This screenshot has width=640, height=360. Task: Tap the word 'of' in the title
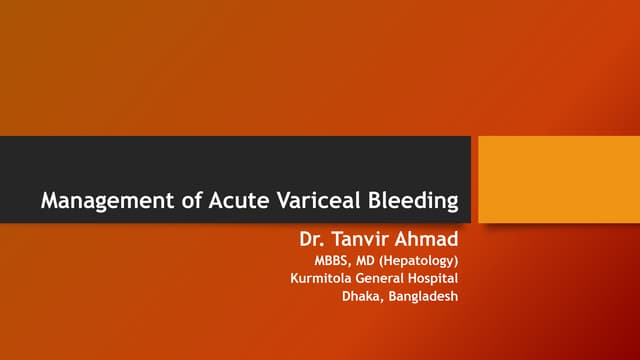[x=183, y=201]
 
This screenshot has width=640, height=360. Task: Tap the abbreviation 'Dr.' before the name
[x=313, y=240]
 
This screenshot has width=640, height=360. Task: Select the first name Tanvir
[x=362, y=240]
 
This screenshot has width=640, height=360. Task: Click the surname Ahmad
[x=430, y=240]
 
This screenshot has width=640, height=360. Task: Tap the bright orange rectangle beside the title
[x=558, y=179]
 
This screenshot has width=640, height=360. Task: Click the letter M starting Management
[x=49, y=201]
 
